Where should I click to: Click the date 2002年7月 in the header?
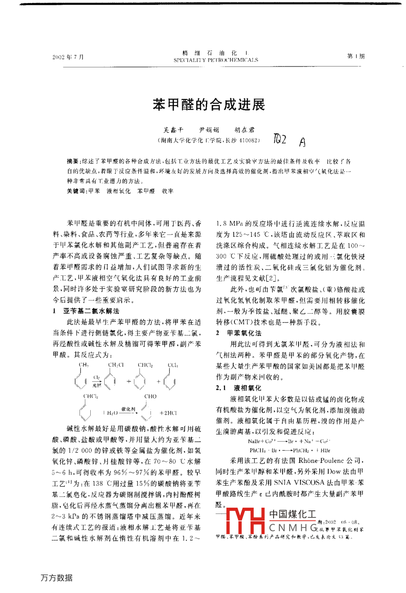68,57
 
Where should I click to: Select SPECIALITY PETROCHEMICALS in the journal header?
215,60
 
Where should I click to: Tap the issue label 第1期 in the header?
356,56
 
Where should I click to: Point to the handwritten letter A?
301,142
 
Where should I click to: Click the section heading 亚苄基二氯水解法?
91,311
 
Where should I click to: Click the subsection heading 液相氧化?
247,388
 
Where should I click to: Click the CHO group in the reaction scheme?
150,396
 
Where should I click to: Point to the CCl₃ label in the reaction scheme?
173,365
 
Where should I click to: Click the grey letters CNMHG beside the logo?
292,527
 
